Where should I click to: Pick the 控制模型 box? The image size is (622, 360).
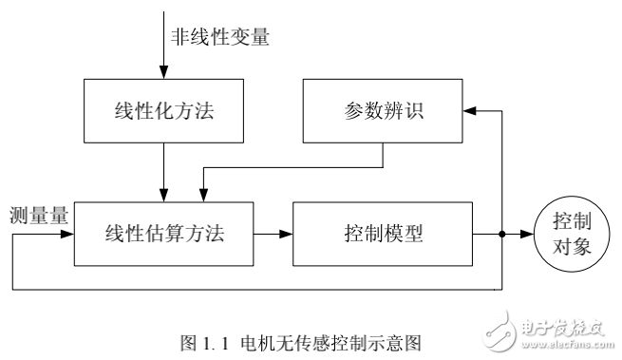pos(383,232)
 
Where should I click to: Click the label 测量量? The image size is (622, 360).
pos(37,215)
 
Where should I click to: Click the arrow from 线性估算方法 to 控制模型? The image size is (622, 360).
pos(276,232)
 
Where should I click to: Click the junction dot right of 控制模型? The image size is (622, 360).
pos(500,232)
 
